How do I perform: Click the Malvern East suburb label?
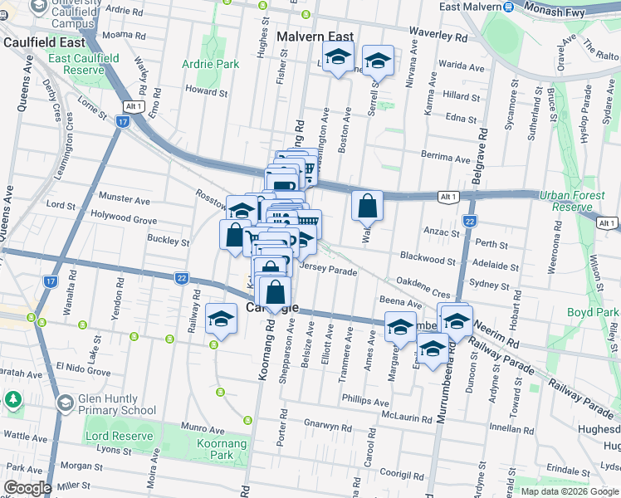[315, 37]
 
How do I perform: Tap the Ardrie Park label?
[211, 64]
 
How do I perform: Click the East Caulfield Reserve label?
[83, 65]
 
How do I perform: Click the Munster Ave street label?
[125, 199]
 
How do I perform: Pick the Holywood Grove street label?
[124, 220]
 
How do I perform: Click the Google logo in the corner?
[27, 488]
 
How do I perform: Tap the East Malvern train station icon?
[507, 7]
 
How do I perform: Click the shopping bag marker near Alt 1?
[367, 205]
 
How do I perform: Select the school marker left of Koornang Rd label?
[221, 320]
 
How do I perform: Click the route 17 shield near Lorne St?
[122, 122]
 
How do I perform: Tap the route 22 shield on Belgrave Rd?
[470, 222]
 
